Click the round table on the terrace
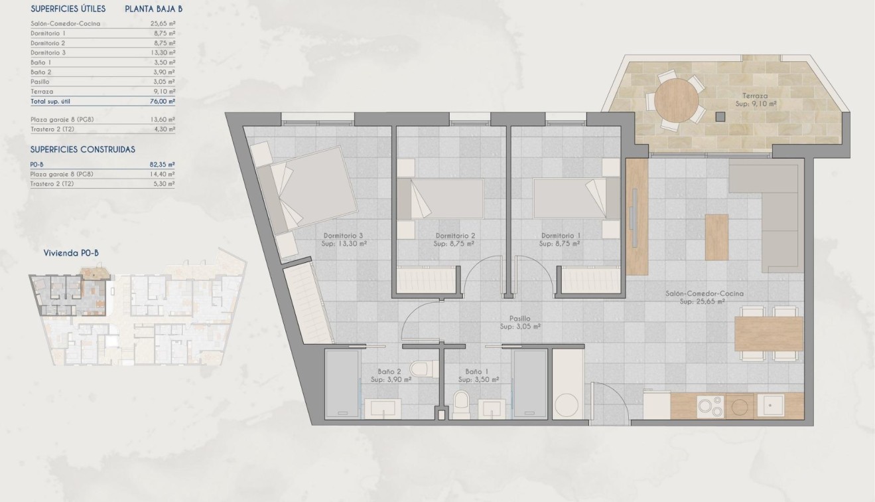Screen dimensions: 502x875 tap(676, 102)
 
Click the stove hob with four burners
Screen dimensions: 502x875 tap(708, 404)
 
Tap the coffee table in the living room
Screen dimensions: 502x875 tap(716, 236)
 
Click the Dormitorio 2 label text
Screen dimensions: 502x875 tap(455, 236)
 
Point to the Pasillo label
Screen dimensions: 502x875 tap(520, 319)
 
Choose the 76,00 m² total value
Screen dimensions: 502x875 tap(162, 102)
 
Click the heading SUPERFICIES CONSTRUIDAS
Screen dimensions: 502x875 tap(83, 149)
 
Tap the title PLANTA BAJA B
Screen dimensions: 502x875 tap(153, 9)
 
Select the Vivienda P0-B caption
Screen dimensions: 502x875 tap(71, 252)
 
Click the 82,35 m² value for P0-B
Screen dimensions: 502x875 tap(162, 164)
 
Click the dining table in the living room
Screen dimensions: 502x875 tap(769, 334)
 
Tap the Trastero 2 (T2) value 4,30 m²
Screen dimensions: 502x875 tap(163, 129)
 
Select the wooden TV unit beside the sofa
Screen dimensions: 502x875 tap(637, 217)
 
